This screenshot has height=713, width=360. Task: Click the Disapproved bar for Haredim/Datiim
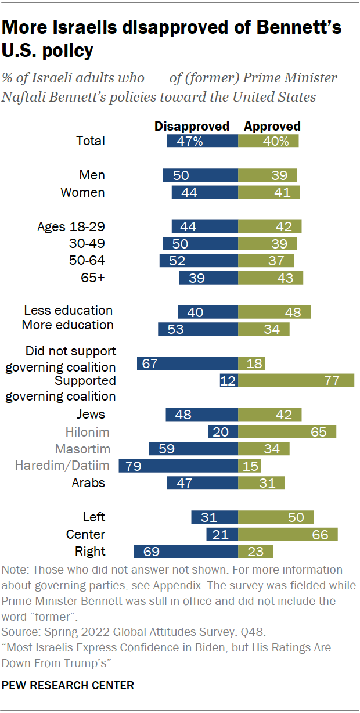(x=178, y=466)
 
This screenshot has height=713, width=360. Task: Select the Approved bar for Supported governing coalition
(x=296, y=381)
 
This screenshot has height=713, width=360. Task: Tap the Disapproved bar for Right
(x=186, y=551)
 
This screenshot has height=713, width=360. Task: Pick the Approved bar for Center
(x=288, y=534)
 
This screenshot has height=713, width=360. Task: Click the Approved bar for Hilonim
(x=287, y=432)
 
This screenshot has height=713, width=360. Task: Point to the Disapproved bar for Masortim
(x=193, y=449)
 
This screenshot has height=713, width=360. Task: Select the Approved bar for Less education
(x=274, y=312)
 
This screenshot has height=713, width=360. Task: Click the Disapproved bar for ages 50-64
(x=199, y=261)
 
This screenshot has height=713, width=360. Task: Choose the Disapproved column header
(x=192, y=126)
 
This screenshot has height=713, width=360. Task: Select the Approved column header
(x=272, y=126)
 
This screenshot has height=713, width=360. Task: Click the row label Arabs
(x=88, y=482)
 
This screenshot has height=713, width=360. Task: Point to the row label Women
(x=83, y=192)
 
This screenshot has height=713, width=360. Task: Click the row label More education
(x=67, y=325)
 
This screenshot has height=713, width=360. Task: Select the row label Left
(x=94, y=517)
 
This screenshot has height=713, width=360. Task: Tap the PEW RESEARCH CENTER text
(x=68, y=686)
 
